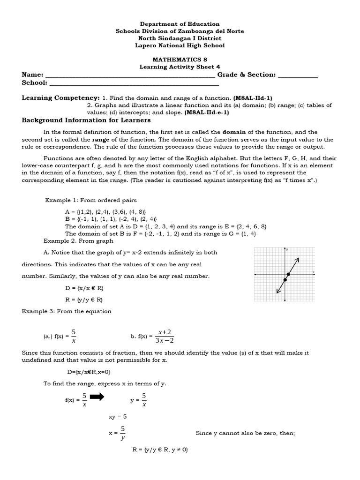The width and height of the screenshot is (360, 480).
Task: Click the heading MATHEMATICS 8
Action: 180,60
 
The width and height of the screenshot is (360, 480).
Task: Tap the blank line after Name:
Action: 130,76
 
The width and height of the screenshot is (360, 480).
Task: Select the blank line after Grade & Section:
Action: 298,76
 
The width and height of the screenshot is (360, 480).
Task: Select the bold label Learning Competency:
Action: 61,98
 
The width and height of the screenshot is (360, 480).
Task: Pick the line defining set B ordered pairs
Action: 111,219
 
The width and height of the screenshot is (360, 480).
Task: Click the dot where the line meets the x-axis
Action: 288,274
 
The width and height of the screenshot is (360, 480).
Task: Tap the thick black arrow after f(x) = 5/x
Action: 97,397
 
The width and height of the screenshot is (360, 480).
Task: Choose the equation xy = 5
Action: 118,416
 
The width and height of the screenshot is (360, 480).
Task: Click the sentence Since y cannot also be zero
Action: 245,434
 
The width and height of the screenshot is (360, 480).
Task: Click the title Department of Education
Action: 180,24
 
